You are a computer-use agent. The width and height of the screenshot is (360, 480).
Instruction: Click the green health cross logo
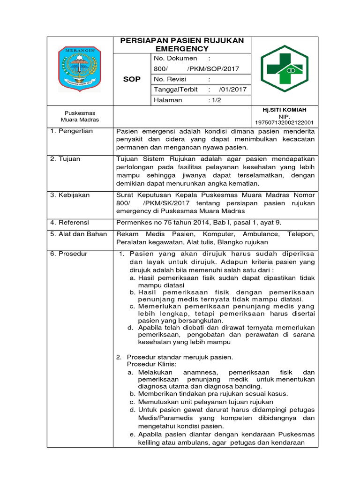285,68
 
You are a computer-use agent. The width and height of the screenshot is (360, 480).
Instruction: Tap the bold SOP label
132,79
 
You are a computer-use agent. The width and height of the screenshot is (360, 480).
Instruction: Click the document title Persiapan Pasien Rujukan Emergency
182,45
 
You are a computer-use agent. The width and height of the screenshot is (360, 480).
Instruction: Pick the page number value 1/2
214,100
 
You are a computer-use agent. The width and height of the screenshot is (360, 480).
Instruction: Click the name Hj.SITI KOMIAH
285,110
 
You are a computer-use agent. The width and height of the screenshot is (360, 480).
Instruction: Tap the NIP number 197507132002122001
285,122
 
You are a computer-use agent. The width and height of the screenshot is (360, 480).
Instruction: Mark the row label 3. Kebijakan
70,195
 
